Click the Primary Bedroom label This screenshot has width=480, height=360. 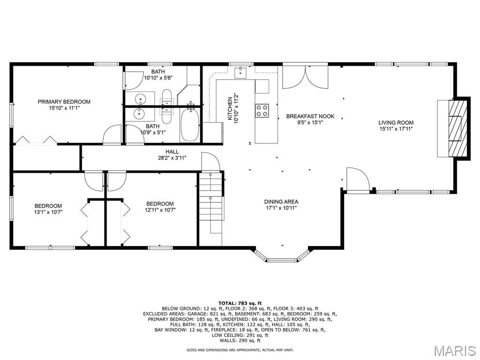(64, 102)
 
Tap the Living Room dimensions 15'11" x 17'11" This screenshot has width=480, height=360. (396, 129)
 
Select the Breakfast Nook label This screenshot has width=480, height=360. (310, 116)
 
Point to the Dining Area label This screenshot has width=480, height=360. (281, 202)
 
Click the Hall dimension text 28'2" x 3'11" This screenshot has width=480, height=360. (172, 158)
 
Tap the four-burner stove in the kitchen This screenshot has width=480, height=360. (262, 111)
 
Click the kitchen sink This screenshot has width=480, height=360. (241, 73)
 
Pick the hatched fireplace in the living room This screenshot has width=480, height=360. (458, 128)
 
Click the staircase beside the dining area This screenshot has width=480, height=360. (210, 202)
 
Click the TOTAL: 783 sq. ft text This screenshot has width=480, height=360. (240, 303)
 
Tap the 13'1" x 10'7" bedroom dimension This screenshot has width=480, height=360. (48, 212)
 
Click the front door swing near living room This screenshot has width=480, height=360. (358, 179)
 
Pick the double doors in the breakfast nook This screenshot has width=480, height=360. (305, 78)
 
